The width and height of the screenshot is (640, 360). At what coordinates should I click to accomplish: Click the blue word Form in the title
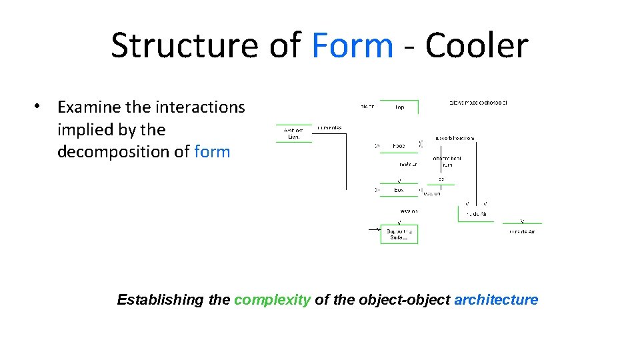(x=352, y=46)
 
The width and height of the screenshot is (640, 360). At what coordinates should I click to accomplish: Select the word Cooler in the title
(x=476, y=46)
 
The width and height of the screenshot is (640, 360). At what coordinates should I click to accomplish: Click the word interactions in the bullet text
(x=200, y=107)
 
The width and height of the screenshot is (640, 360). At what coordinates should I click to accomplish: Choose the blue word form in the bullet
(x=212, y=152)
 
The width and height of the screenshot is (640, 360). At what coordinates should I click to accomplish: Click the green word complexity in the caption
(x=272, y=300)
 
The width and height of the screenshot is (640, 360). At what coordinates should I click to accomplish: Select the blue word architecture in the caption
(x=496, y=300)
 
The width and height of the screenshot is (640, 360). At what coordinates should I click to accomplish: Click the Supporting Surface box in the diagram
(x=399, y=234)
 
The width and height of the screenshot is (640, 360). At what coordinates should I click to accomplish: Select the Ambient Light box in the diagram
(x=293, y=133)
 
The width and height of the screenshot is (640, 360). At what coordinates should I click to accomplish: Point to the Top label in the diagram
(x=399, y=107)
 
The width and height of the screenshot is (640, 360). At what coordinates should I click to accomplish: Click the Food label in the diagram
(x=399, y=145)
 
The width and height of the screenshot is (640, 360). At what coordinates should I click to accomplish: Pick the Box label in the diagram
(x=399, y=190)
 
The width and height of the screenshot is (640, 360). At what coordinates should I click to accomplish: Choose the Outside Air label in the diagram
(x=522, y=231)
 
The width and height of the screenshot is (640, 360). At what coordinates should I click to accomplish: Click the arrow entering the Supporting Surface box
(x=374, y=230)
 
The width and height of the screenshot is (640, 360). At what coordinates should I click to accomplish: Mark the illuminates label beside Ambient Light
(x=330, y=127)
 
